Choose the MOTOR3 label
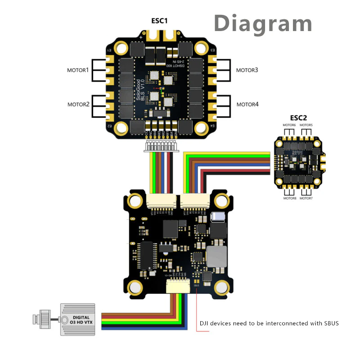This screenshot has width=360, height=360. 247,70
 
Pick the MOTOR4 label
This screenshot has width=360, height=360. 247,104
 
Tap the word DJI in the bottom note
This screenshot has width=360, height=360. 205,323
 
